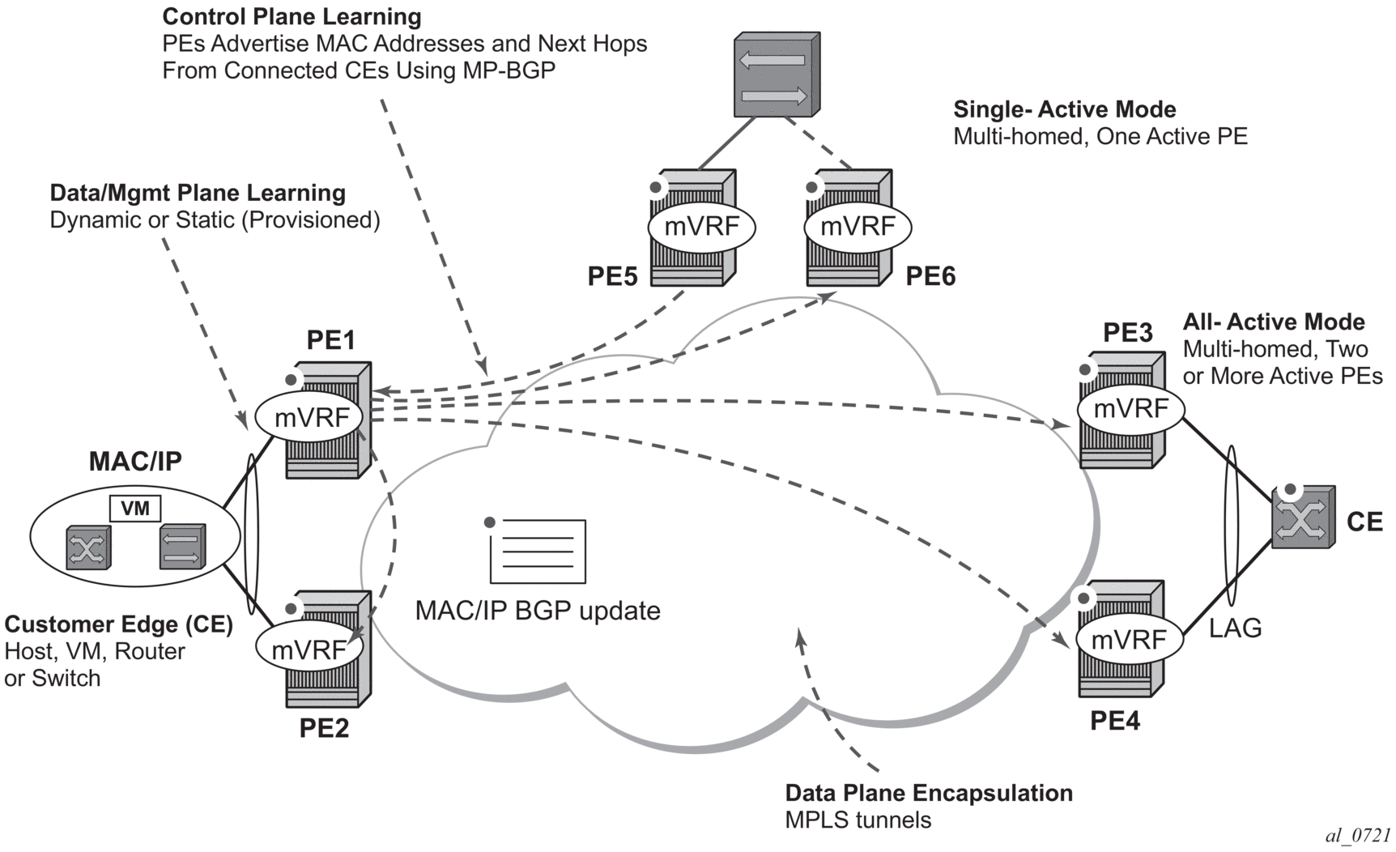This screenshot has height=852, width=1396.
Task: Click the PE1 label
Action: (x=330, y=340)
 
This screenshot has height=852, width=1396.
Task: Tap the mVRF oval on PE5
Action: (x=701, y=227)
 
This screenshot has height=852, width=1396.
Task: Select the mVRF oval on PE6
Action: (x=858, y=227)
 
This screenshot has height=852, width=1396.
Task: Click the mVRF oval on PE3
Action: (x=1130, y=409)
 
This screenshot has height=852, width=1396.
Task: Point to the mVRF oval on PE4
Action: (x=1129, y=640)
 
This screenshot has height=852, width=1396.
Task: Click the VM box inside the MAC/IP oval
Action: (x=135, y=509)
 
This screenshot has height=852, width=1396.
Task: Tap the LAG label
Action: (x=1235, y=628)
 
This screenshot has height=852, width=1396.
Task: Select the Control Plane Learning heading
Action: (x=292, y=17)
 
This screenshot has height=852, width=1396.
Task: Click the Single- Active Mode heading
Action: (x=1064, y=109)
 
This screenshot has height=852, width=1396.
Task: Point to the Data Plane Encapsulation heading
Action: (x=929, y=793)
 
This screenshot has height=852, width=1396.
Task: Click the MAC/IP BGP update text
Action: (x=538, y=611)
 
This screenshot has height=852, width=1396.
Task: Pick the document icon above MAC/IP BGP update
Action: (x=538, y=551)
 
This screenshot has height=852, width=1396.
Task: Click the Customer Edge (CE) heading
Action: (x=118, y=624)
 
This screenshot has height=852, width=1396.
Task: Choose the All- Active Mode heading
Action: (x=1274, y=322)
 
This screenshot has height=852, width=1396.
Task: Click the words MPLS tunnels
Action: (x=858, y=820)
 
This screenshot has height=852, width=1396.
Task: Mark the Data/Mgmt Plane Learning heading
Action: (x=198, y=193)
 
